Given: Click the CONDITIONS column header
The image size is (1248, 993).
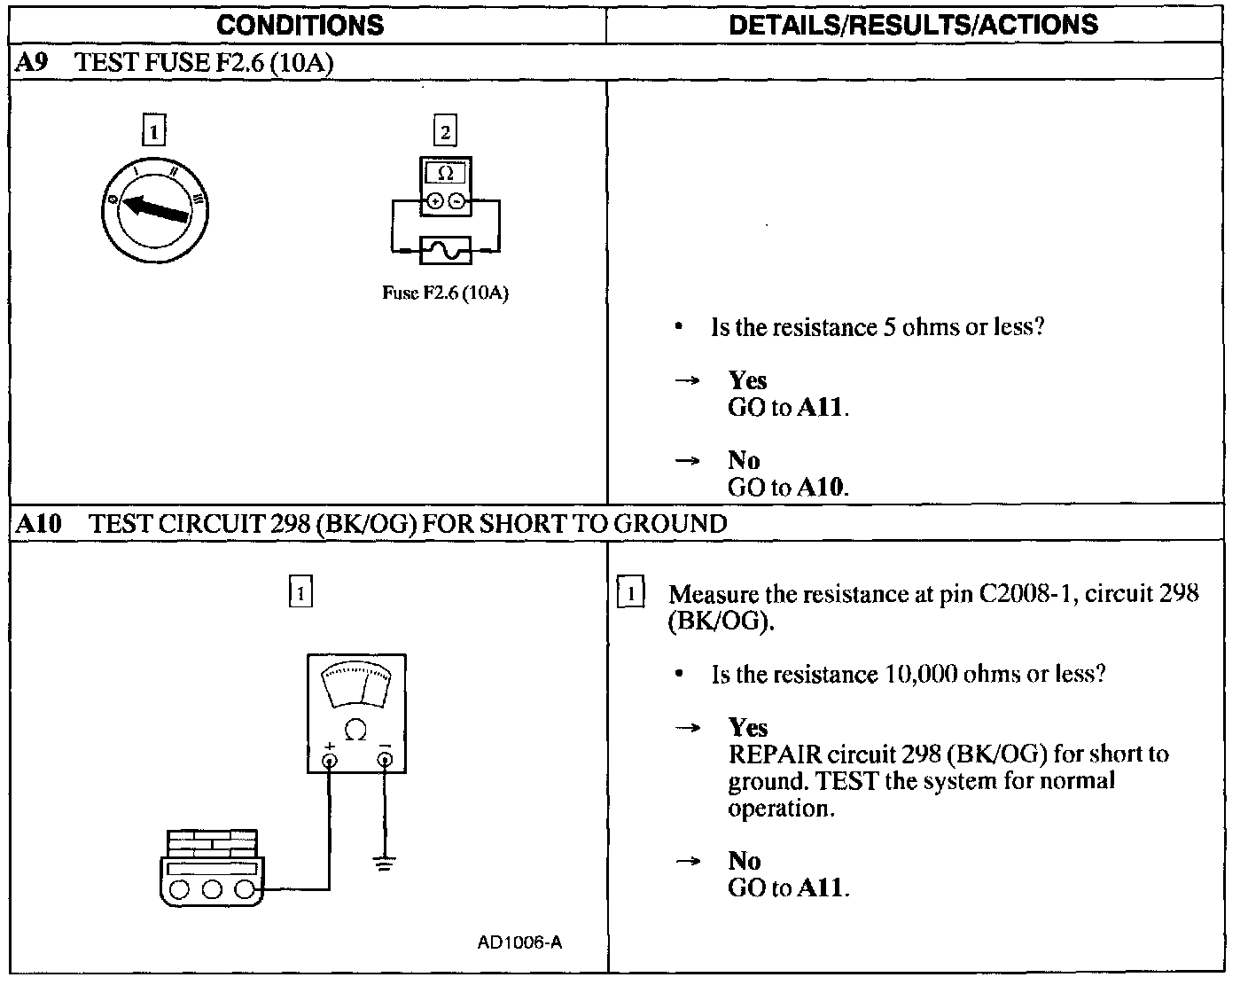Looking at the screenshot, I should pos(300,25).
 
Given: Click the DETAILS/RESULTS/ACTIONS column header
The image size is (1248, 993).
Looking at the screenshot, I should pos(913,25).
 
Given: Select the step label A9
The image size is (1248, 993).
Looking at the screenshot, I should pos(31,63).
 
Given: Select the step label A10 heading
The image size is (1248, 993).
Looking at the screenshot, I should pos(38,523).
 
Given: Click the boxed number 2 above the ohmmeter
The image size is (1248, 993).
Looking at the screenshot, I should pos(445,132).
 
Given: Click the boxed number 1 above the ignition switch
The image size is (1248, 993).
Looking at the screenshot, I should pos(154,132).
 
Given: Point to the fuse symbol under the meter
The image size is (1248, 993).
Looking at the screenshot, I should pos(445,250).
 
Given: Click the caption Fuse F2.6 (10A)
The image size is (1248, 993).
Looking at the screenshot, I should pos(445,293).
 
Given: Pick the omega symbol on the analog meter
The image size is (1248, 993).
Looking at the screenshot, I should pos(355,730).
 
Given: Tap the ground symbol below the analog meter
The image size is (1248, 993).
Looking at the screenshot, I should pos(384,863).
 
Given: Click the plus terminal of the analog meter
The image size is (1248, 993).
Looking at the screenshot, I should pos(330,759).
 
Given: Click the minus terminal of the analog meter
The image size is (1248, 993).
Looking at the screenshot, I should pos(385,759).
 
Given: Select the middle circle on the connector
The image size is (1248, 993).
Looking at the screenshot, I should pos(211,889).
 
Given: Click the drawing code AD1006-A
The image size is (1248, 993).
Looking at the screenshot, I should pos(519,942).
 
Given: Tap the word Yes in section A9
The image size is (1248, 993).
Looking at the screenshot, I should pos(747,380).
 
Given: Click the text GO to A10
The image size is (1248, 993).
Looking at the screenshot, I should pos(787,487).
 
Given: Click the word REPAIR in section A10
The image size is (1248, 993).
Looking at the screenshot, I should pos(774,755).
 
